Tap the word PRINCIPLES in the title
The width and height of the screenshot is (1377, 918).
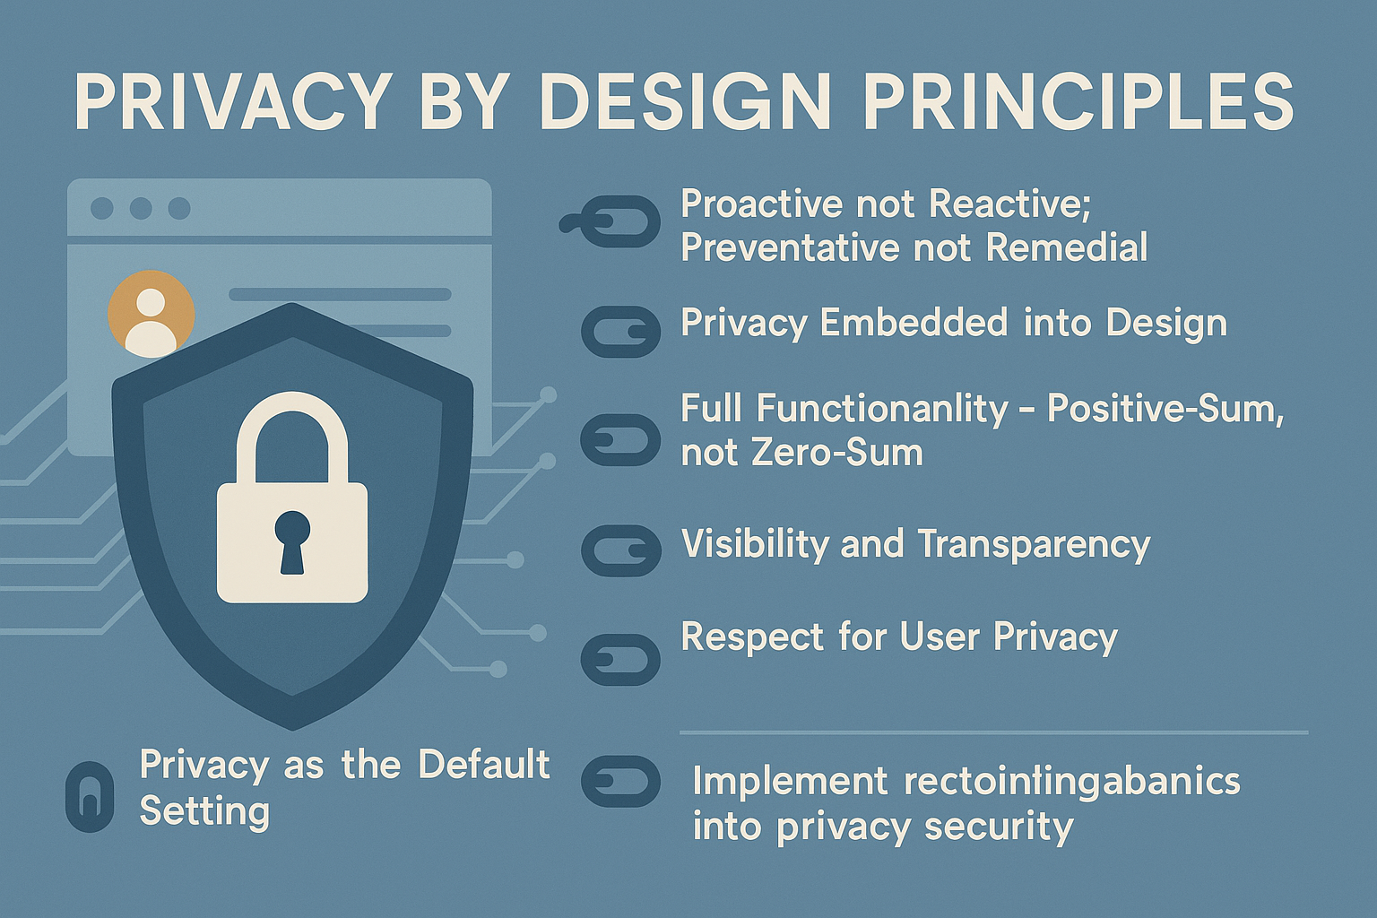(1078, 101)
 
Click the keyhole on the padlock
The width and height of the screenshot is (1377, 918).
(292, 541)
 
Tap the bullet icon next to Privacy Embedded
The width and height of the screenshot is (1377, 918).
(620, 332)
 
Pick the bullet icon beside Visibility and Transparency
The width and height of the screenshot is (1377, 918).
(620, 550)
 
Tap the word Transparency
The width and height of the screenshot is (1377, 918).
(1034, 544)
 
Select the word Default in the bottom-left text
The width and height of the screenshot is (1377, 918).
(483, 765)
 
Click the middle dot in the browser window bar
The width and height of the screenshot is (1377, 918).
(141, 208)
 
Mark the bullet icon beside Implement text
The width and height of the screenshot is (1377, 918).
(620, 781)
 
